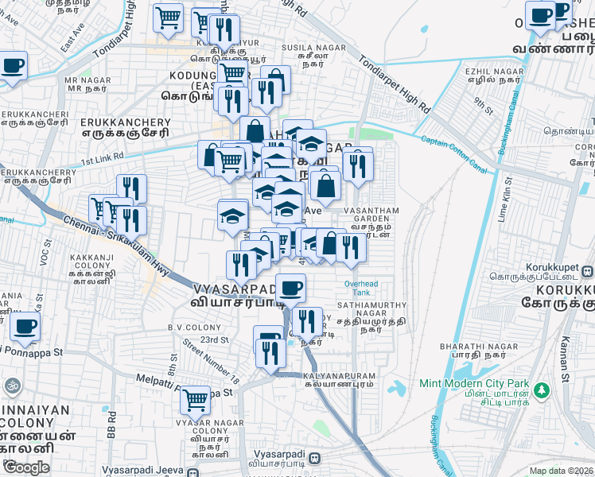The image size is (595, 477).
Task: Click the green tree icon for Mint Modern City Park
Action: (541, 390)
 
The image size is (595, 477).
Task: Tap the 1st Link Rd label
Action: (102, 157)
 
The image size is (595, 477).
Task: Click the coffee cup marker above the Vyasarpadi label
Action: (291, 287)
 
